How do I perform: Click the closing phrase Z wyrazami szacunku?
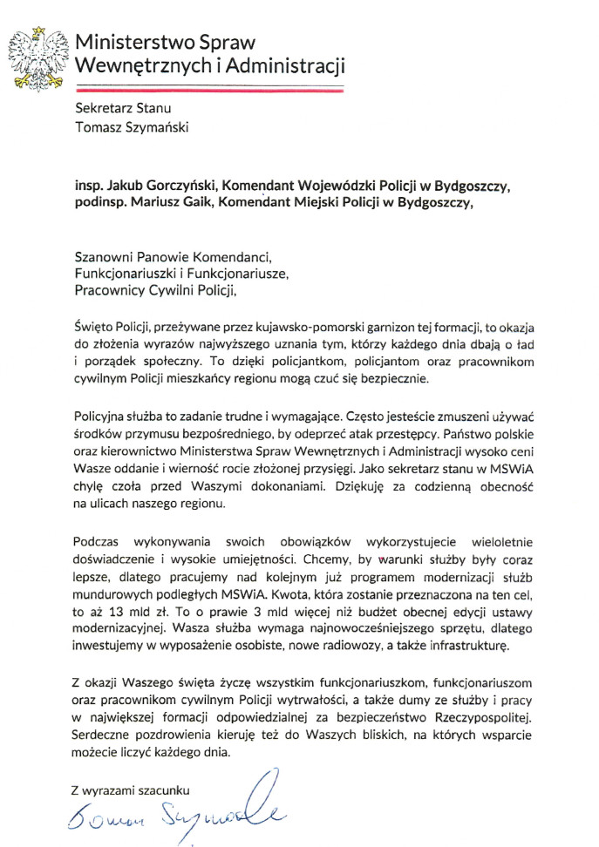[130, 790]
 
